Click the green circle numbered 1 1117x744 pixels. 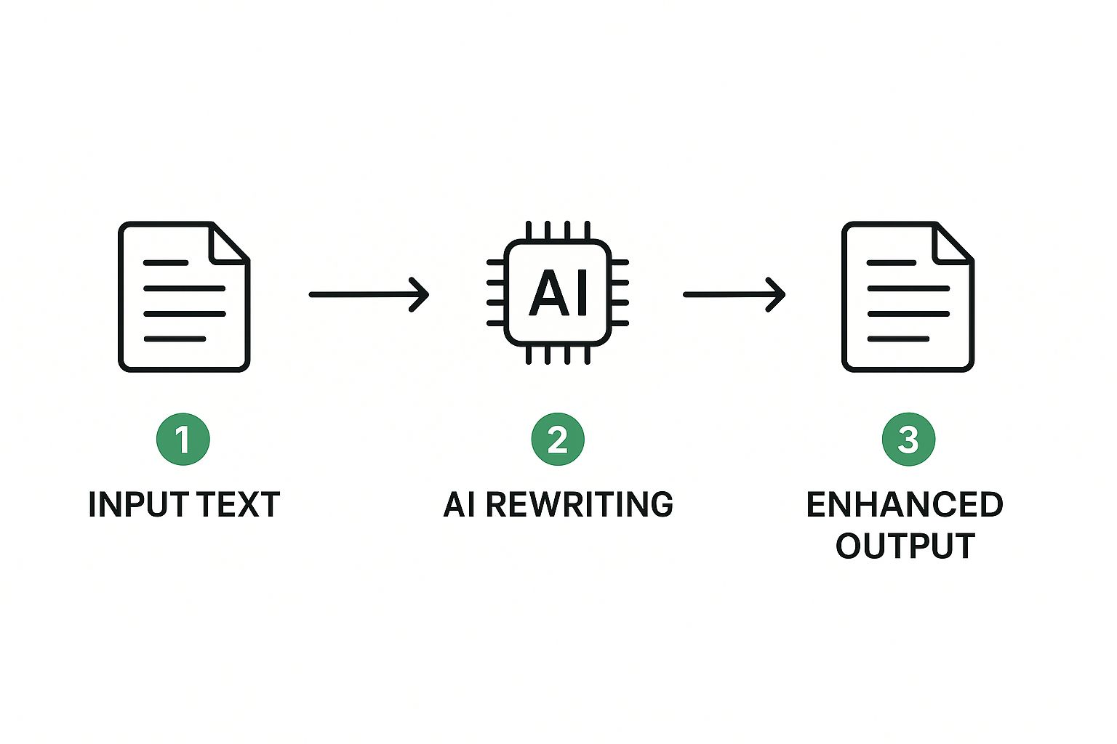click(x=183, y=439)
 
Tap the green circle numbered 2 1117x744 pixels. click(x=558, y=439)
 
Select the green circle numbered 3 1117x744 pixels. click(x=908, y=439)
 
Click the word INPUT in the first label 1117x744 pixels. click(x=138, y=504)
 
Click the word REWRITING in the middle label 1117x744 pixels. click(x=580, y=504)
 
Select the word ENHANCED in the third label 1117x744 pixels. click(x=905, y=504)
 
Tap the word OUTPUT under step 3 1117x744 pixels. click(x=905, y=546)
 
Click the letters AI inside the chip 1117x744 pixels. click(x=558, y=293)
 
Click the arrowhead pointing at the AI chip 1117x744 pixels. click(x=420, y=294)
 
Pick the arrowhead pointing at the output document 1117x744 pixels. click(x=776, y=294)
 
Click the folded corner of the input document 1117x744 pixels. click(x=229, y=243)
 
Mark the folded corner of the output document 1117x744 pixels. click(x=953, y=243)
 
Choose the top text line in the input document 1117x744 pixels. click(x=166, y=262)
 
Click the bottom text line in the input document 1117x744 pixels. click(x=175, y=339)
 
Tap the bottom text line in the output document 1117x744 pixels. click(x=899, y=339)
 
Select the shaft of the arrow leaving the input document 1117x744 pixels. click(x=368, y=294)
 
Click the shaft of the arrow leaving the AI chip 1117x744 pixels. click(x=734, y=294)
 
